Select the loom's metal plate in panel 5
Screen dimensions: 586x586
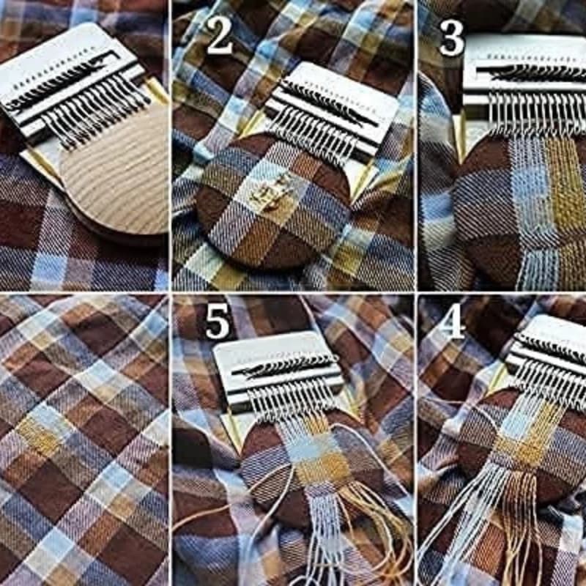(x=281, y=370)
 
